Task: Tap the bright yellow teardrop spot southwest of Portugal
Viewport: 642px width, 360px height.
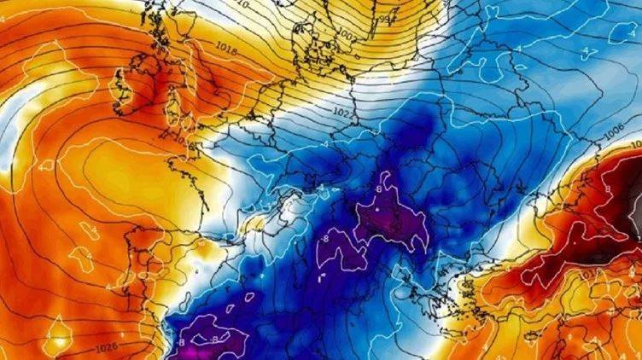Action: click(57, 336)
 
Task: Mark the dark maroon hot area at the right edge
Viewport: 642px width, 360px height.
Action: click(610, 205)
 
